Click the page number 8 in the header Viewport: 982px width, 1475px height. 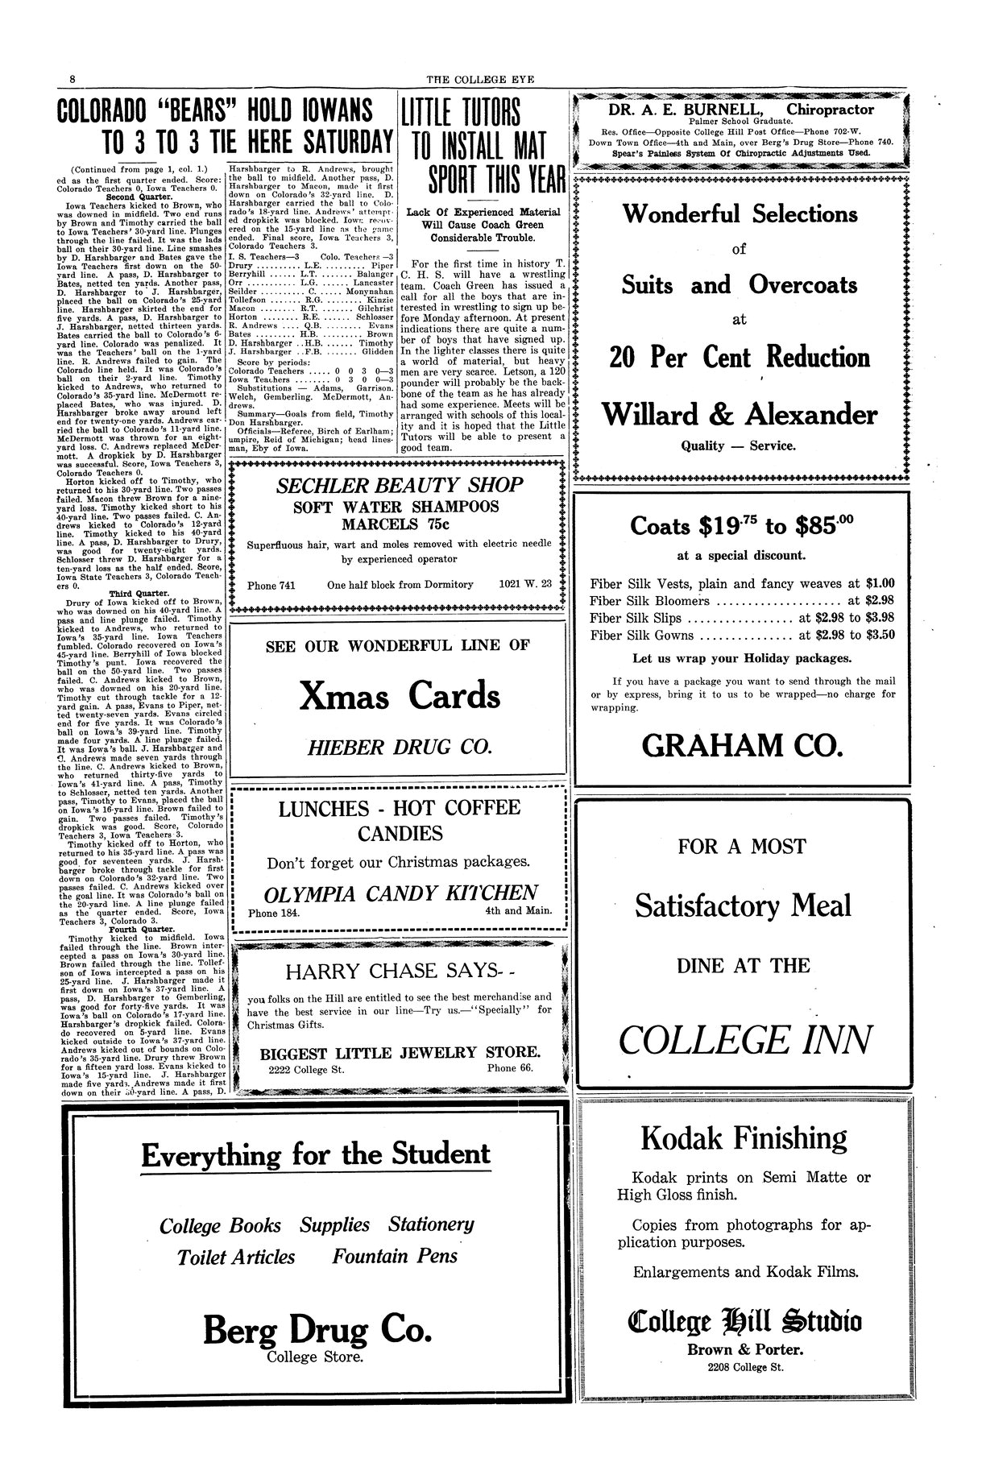coord(73,79)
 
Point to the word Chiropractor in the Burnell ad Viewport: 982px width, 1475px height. coord(830,110)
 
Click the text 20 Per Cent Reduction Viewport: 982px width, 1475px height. coord(740,357)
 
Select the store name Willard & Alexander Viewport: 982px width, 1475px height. coord(740,414)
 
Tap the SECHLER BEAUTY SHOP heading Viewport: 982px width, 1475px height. coord(400,485)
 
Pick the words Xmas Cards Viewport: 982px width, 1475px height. coord(400,695)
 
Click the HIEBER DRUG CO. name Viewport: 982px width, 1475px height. coord(400,748)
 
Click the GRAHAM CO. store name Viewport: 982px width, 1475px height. coord(742,746)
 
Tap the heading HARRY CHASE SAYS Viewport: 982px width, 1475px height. coord(392,971)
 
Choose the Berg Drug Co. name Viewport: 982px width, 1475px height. coord(307,1328)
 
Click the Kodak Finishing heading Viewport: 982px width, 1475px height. coord(744,1138)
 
